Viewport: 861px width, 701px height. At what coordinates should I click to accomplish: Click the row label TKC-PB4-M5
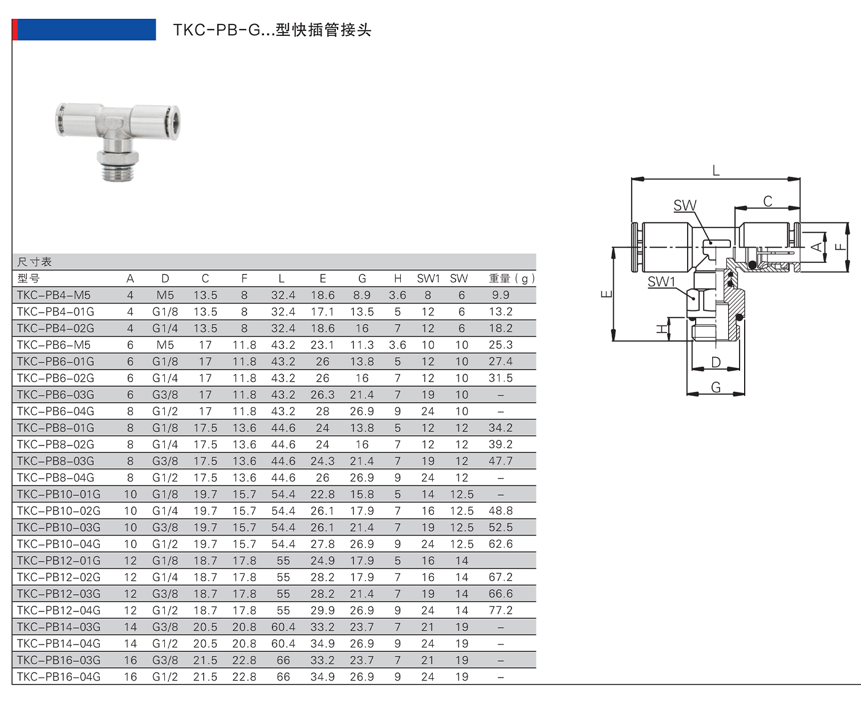54,295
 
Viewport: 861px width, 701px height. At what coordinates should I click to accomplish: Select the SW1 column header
428,278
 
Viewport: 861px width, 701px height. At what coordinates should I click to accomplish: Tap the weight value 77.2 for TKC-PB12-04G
500,610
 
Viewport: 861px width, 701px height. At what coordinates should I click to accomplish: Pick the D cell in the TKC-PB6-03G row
165,395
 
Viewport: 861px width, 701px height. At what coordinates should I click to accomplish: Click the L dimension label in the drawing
716,171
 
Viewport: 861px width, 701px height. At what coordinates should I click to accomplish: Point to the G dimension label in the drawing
716,387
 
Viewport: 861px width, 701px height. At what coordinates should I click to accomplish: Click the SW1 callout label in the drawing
661,282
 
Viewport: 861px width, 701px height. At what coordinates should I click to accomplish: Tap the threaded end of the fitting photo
119,172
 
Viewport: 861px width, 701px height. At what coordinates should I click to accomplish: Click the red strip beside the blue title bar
15,30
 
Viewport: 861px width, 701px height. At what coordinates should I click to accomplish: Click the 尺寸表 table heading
34,262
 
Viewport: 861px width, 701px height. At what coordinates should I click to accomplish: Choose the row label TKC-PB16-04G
59,677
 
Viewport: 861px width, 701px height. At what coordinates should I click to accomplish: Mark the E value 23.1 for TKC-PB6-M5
322,345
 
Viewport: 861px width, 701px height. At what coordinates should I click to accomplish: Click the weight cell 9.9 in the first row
500,295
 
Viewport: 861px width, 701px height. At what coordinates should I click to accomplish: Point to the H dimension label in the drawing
661,329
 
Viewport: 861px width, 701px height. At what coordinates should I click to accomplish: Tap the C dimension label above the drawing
767,201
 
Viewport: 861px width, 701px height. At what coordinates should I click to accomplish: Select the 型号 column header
29,278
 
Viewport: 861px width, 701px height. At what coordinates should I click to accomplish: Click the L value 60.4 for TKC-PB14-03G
283,627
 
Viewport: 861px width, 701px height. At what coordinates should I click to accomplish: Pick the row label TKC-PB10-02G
59,511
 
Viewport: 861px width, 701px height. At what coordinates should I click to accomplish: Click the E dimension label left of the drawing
606,294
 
